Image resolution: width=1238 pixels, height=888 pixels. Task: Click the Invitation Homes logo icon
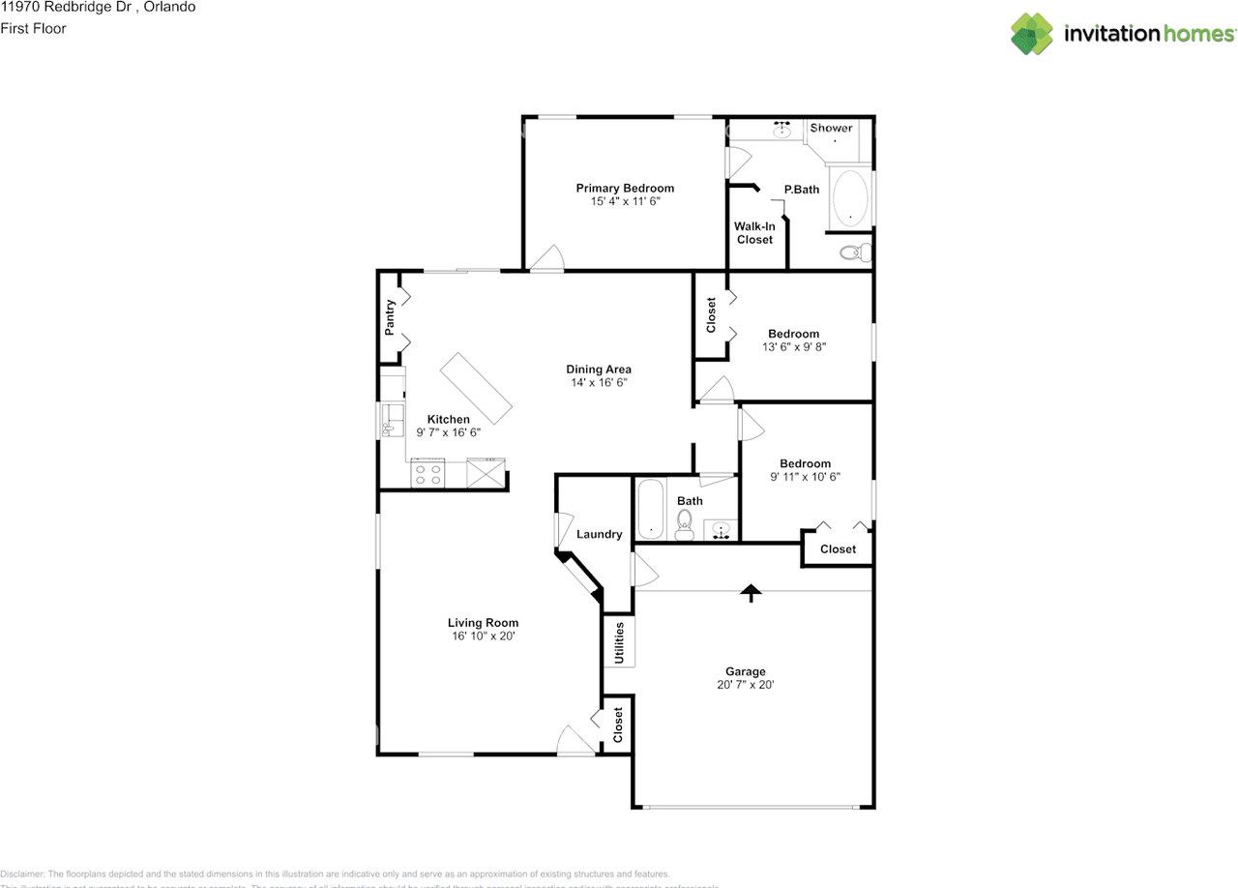tap(1032, 34)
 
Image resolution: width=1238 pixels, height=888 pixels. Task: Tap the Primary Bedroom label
tap(625, 189)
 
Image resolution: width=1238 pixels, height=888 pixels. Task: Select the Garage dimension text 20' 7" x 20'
tap(745, 685)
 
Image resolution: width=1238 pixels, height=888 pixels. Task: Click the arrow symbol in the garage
tap(751, 592)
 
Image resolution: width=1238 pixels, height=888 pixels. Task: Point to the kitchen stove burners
tap(427, 474)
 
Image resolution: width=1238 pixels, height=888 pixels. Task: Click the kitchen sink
tap(393, 420)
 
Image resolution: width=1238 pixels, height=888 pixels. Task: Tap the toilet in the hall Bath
tap(685, 524)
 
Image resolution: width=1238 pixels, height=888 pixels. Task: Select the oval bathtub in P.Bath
tap(849, 198)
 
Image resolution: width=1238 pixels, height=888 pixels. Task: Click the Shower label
tap(832, 128)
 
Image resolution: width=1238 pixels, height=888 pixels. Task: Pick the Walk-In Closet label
tap(754, 233)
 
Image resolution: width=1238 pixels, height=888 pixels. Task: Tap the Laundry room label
tap(599, 534)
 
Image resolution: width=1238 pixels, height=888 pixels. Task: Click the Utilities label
tap(619, 642)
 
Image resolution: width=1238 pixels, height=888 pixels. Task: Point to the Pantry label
tap(390, 317)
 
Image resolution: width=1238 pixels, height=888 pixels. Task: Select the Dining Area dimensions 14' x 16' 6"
tap(599, 383)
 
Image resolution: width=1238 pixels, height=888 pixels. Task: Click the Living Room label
tap(483, 623)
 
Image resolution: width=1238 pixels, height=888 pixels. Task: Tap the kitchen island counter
tap(476, 387)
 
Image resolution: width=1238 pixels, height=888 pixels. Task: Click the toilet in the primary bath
tap(852, 253)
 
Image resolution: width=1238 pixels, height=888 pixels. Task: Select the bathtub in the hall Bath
tap(649, 509)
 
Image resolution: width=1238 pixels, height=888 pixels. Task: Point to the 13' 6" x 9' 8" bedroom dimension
tap(794, 347)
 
